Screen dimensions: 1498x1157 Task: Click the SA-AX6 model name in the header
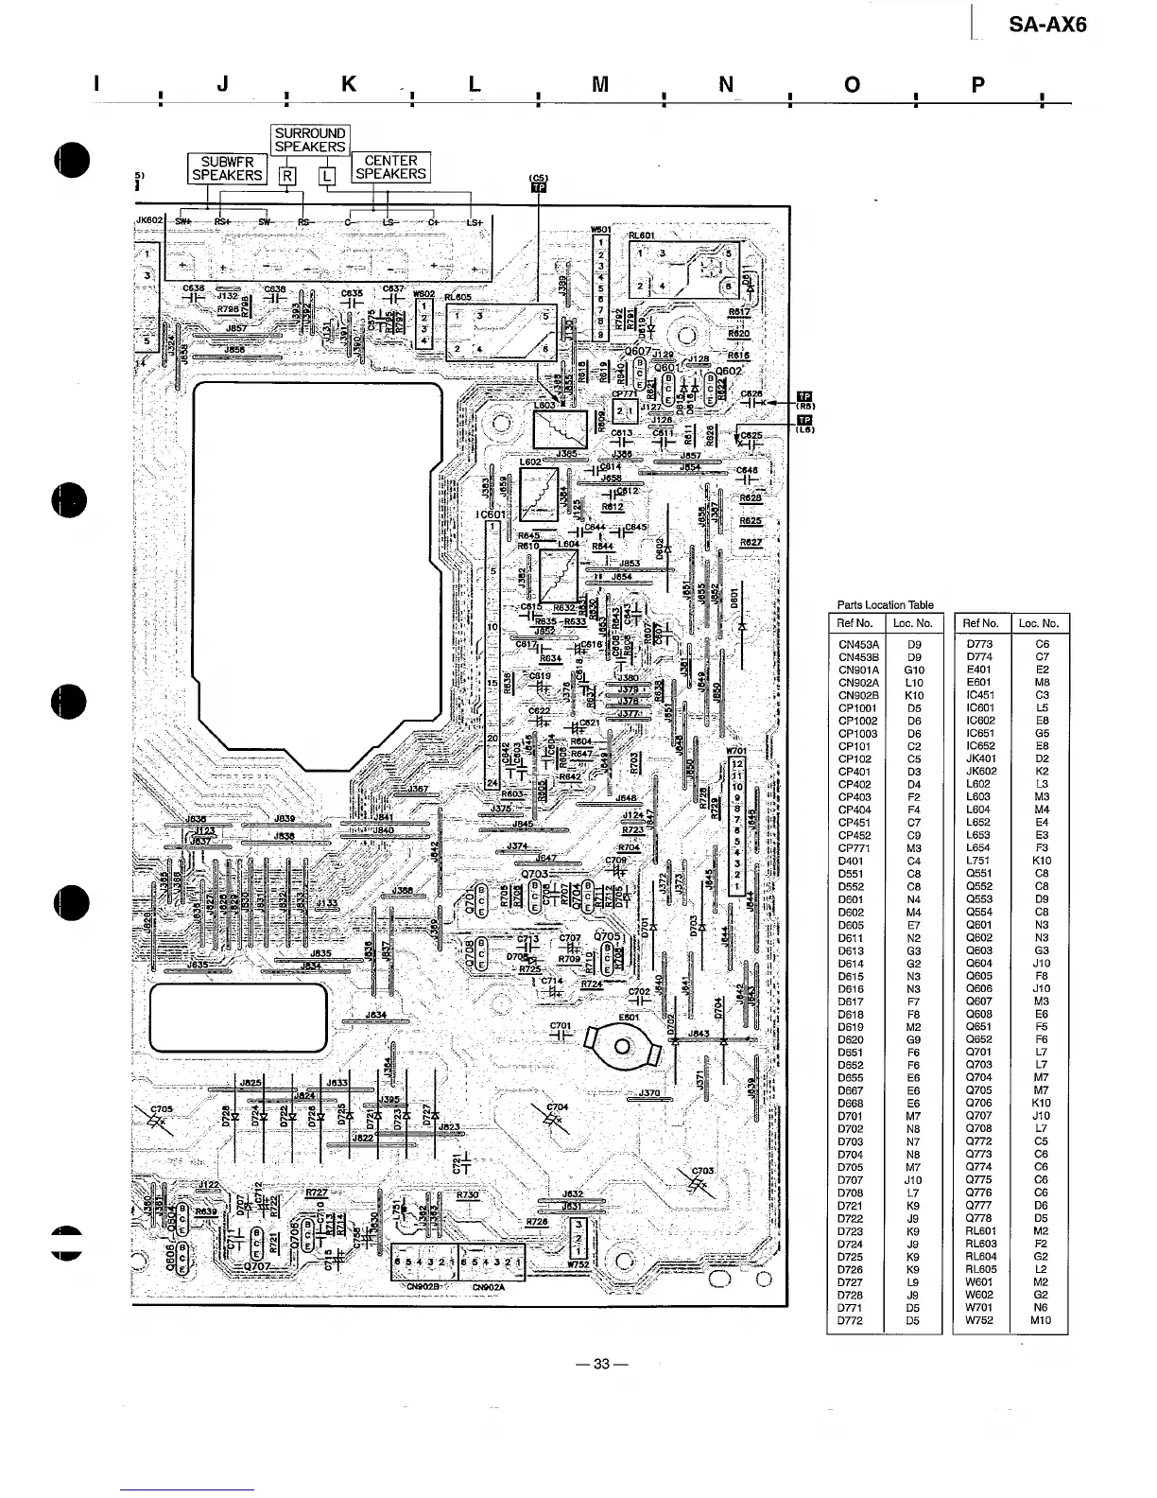(1047, 25)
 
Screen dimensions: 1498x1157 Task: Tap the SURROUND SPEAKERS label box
(310, 140)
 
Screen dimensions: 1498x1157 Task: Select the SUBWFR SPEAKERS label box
(227, 168)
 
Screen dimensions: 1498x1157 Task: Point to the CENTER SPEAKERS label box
(390, 167)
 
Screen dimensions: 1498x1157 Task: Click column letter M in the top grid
(599, 85)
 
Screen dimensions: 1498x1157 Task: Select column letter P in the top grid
(977, 85)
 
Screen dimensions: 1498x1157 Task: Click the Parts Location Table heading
(885, 605)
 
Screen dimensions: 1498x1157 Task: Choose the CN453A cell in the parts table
(858, 644)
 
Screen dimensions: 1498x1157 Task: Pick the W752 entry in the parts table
(979, 1320)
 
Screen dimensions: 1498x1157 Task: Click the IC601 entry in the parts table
(980, 707)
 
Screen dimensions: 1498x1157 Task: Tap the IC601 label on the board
(492, 515)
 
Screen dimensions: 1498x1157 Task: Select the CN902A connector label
(489, 1286)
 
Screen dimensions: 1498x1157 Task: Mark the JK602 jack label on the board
(150, 220)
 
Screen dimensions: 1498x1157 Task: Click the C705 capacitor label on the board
(162, 1111)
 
